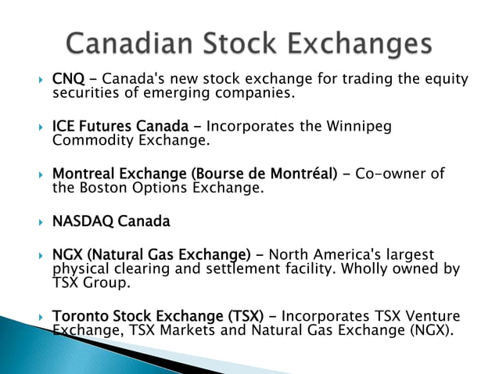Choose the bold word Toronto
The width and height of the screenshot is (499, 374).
coord(78,317)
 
